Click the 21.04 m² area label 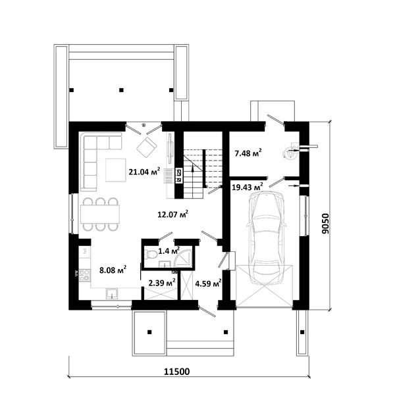(x=144, y=171)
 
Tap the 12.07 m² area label (x=173, y=214)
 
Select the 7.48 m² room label (x=248, y=153)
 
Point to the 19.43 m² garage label (x=248, y=187)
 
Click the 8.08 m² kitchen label (x=113, y=270)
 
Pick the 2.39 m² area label (x=162, y=283)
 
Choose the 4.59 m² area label (x=208, y=283)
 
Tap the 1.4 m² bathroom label (x=169, y=251)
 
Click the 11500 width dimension (x=177, y=372)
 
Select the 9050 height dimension (x=325, y=224)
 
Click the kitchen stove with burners (x=85, y=275)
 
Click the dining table (x=100, y=214)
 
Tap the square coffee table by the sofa (x=115, y=170)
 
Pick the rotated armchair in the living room (x=147, y=147)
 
